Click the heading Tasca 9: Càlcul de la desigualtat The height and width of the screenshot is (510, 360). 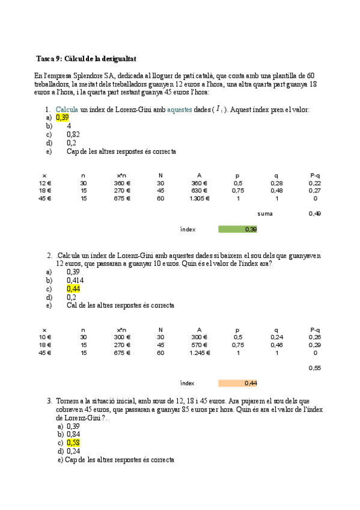pyautogui.click(x=87, y=59)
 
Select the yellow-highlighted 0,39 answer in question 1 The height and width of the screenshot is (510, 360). pyautogui.click(x=63, y=118)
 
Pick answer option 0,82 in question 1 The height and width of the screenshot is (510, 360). pyautogui.click(x=73, y=135)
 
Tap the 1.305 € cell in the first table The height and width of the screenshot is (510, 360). pyautogui.click(x=198, y=198)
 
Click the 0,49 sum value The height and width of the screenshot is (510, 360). pyautogui.click(x=314, y=214)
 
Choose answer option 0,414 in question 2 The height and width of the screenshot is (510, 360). pyautogui.click(x=75, y=280)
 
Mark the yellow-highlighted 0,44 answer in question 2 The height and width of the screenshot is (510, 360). pyautogui.click(x=73, y=289)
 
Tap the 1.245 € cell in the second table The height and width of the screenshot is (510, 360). pyautogui.click(x=198, y=353)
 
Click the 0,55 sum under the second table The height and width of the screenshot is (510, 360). pyautogui.click(x=314, y=367)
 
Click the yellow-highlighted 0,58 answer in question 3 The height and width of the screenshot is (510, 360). pyautogui.click(x=73, y=443)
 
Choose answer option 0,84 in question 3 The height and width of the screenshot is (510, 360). pyautogui.click(x=73, y=434)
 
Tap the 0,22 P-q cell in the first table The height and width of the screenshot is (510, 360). pyautogui.click(x=314, y=183)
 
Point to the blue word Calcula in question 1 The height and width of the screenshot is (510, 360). pyautogui.click(x=67, y=109)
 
